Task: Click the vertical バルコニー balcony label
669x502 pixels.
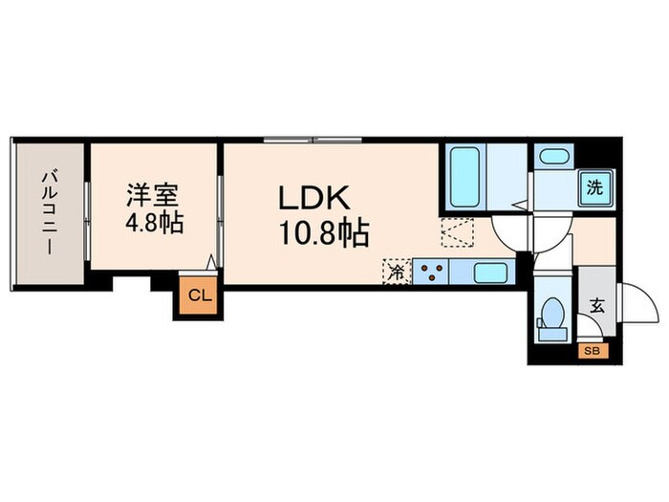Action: [47, 212]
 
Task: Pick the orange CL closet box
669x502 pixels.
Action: [197, 295]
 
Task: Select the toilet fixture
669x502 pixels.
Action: [551, 315]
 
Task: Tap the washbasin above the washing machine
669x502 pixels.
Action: [553, 156]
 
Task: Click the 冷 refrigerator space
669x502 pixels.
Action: [396, 272]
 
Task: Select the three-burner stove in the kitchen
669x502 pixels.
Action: [431, 272]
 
